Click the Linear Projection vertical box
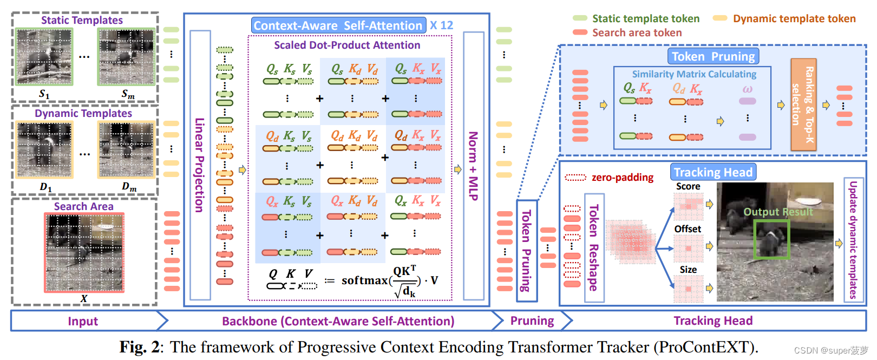tap(200, 165)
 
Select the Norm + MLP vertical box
tap(474, 165)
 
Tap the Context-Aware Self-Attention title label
tap(338, 25)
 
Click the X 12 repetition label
tap(441, 25)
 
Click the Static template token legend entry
tap(645, 19)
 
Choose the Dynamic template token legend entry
tap(794, 19)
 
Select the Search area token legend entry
tap(637, 33)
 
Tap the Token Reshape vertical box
tap(594, 247)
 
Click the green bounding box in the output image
tap(771, 238)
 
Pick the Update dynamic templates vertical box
tap(853, 240)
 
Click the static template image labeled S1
tap(44, 57)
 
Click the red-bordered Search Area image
tap(84, 252)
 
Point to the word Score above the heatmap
tap(688, 187)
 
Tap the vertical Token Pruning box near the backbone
tap(526, 251)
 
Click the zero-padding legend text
tap(622, 178)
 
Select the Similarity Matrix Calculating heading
tap(694, 74)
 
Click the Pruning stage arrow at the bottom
tap(532, 321)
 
